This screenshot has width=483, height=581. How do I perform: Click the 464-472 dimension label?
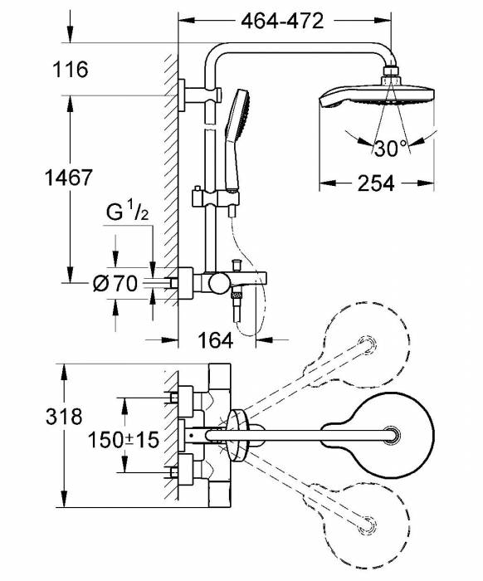point(281,22)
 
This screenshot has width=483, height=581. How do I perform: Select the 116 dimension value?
point(71,70)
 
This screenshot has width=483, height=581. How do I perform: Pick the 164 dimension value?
point(215,339)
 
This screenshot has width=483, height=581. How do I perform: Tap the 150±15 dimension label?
point(124,439)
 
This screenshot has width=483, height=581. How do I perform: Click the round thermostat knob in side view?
point(218,285)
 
